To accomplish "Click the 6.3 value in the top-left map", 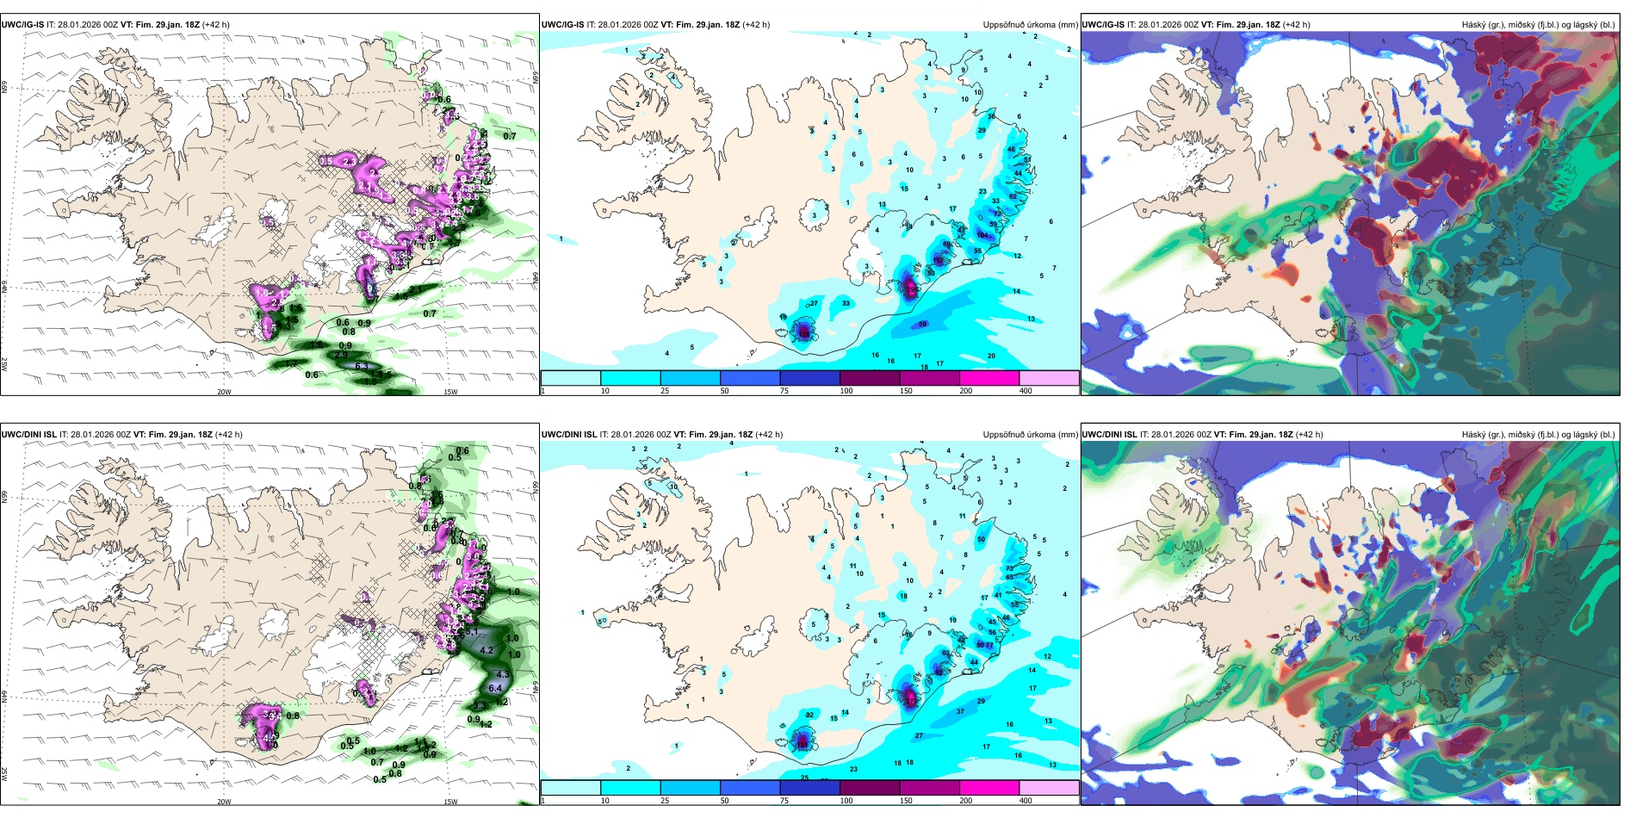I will pos(362,366).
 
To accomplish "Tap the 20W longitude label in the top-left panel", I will pos(224,392).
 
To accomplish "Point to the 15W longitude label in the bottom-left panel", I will pos(450,802).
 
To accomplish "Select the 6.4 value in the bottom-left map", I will pos(495,688).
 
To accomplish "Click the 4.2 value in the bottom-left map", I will pos(486,650).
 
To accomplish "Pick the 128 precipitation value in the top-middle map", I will pos(804,332).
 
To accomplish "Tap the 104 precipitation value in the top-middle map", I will pos(982,235).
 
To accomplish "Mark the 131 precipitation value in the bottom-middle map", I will pos(802,743).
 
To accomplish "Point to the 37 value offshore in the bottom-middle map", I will pos(961,711).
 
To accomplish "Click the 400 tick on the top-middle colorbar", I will pos(1026,391).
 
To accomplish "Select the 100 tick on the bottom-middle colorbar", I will pos(846,801).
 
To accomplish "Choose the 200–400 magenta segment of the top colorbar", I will pos(989,378).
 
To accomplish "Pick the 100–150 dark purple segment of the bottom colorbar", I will pos(870,788).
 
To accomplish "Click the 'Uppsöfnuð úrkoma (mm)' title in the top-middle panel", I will pos(1030,25).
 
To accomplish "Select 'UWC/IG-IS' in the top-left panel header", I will pos(22,25).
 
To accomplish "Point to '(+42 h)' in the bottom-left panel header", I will pos(228,435).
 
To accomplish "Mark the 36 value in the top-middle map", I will pos(991,116).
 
